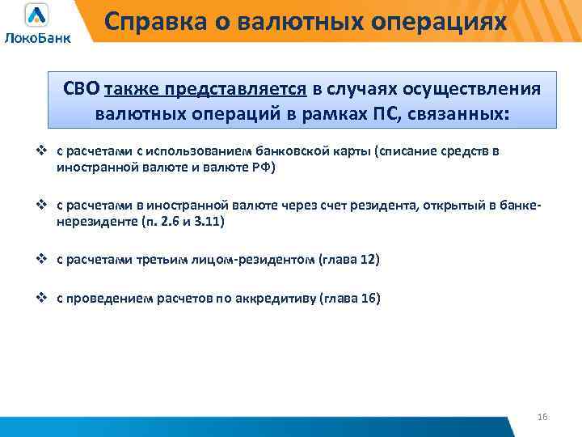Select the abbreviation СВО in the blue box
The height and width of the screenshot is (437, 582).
pyautogui.click(x=82, y=88)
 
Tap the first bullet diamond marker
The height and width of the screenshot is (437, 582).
pyautogui.click(x=45, y=151)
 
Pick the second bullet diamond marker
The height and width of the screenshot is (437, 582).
pyautogui.click(x=45, y=210)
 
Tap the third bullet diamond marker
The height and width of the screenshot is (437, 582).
pyautogui.click(x=45, y=260)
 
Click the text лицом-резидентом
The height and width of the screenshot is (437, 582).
pyautogui.click(x=261, y=261)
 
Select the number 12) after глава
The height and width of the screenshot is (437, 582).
pyautogui.click(x=368, y=261)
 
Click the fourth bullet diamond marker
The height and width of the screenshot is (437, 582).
pyautogui.click(x=45, y=297)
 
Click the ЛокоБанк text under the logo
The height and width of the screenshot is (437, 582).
pyautogui.click(x=37, y=37)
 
